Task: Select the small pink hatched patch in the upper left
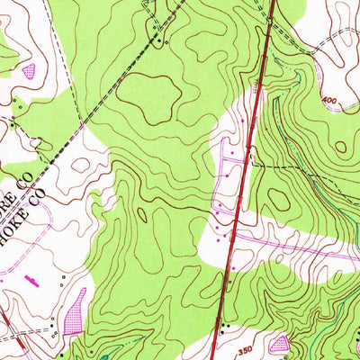coord(28,69)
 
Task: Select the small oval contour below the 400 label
coord(340,146)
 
